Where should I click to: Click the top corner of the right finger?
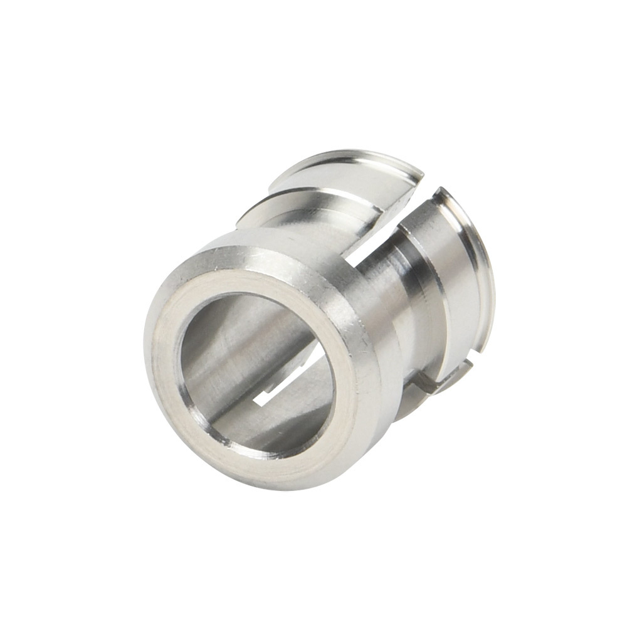click(x=442, y=191)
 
